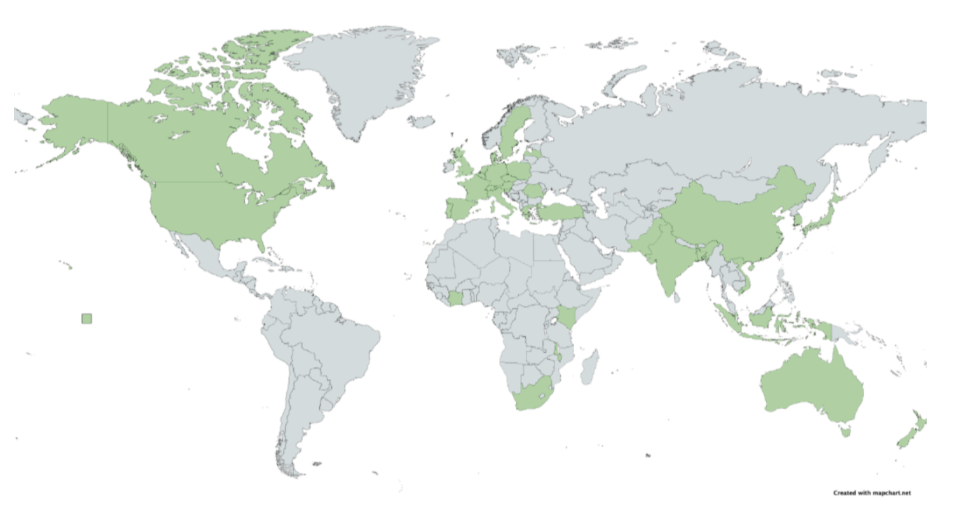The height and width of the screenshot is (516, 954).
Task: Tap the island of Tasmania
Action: pos(845,431)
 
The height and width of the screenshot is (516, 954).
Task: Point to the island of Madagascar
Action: pos(589,369)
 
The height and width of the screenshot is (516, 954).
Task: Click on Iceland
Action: pos(421,121)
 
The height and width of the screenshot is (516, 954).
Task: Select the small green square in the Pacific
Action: pos(86,318)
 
